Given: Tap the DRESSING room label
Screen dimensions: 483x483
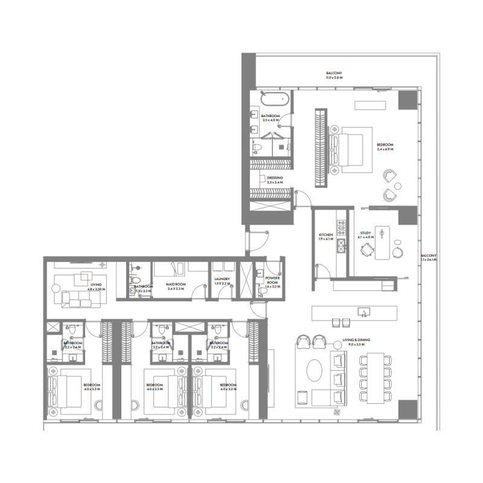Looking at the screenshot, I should pos(275,178).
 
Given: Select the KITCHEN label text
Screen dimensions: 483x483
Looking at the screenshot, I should pos(326,235).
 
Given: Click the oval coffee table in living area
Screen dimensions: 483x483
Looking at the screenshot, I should pos(315,370).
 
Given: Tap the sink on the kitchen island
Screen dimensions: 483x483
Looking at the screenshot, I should pos(363,312).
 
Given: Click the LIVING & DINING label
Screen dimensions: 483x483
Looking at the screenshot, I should pos(356,340).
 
